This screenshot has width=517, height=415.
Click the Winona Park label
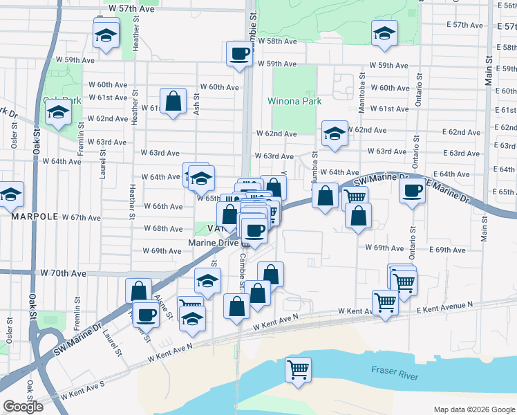tap(295, 101)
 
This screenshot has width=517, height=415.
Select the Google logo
tap(23, 407)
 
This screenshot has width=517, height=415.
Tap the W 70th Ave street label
tap(64, 274)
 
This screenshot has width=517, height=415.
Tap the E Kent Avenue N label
tap(445, 308)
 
